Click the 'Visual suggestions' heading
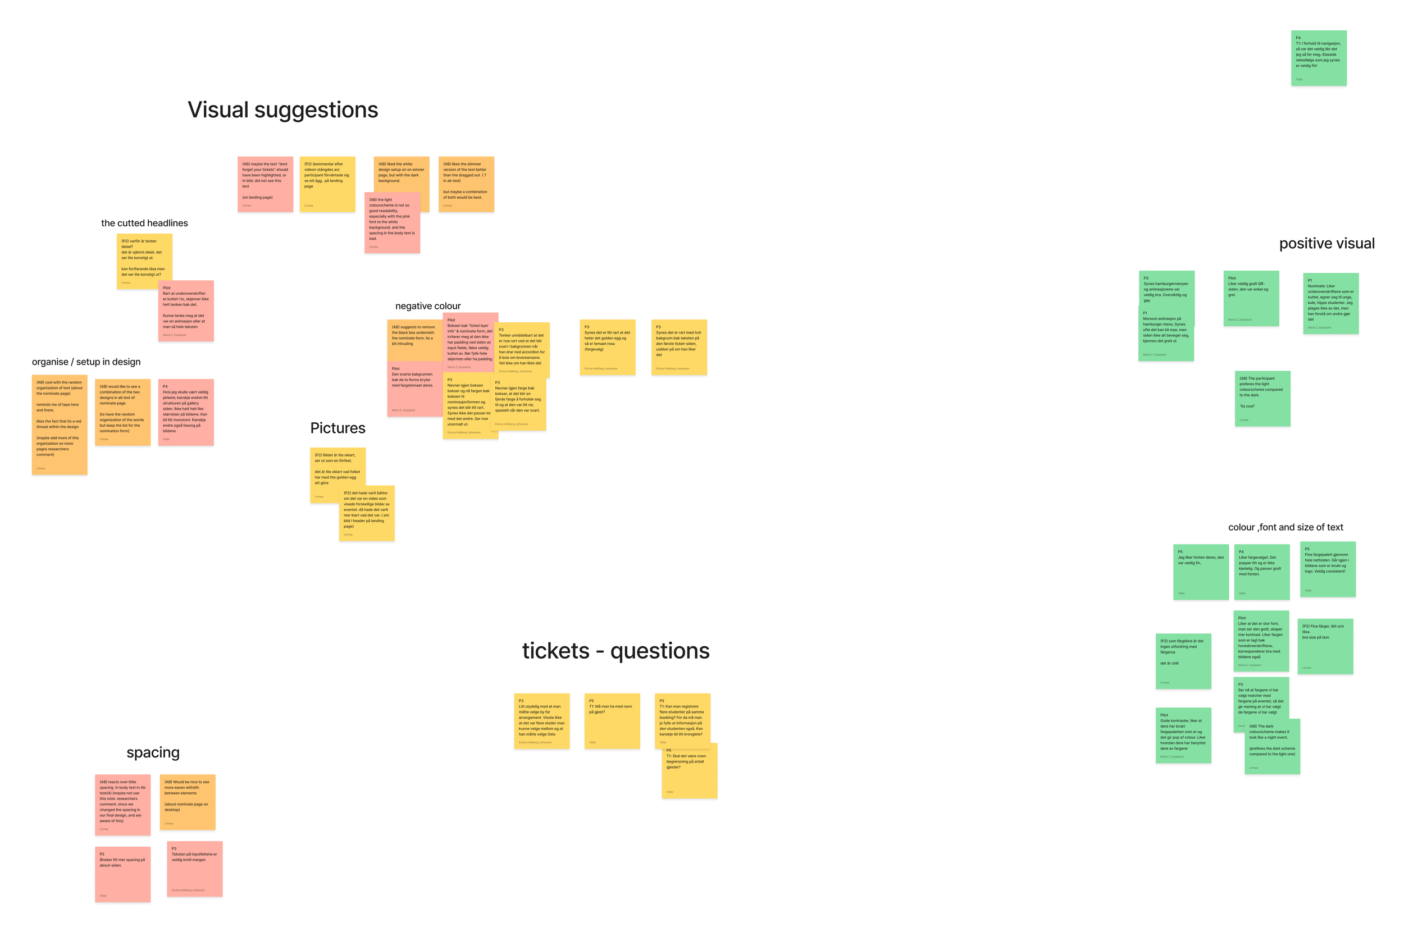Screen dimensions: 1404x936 click(x=282, y=110)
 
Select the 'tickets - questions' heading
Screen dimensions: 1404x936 click(x=616, y=650)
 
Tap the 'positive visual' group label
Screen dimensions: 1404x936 click(x=1326, y=244)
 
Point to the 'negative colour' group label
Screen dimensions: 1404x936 click(x=427, y=306)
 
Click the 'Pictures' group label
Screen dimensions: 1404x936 click(x=338, y=428)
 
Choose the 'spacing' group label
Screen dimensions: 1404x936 click(x=153, y=752)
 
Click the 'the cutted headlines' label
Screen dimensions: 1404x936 click(x=144, y=223)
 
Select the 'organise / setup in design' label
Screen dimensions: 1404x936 click(x=86, y=362)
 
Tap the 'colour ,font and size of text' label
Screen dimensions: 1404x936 click(x=1285, y=527)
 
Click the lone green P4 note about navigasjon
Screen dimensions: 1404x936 click(x=1318, y=58)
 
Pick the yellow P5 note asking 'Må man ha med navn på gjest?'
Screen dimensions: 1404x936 click(x=612, y=720)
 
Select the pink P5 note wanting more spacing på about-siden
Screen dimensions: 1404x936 click(x=122, y=873)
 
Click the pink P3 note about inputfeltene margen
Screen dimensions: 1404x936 click(x=195, y=869)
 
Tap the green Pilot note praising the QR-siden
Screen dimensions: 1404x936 click(x=1251, y=298)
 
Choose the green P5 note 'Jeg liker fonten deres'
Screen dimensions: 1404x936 click(x=1201, y=571)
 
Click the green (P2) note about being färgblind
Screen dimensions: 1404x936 click(x=1183, y=661)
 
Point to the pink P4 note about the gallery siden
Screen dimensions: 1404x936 click(x=186, y=412)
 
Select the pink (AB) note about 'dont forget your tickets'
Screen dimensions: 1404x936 click(x=265, y=184)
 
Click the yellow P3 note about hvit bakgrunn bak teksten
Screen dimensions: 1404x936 click(x=679, y=347)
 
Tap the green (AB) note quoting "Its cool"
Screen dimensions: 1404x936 click(x=1262, y=398)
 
